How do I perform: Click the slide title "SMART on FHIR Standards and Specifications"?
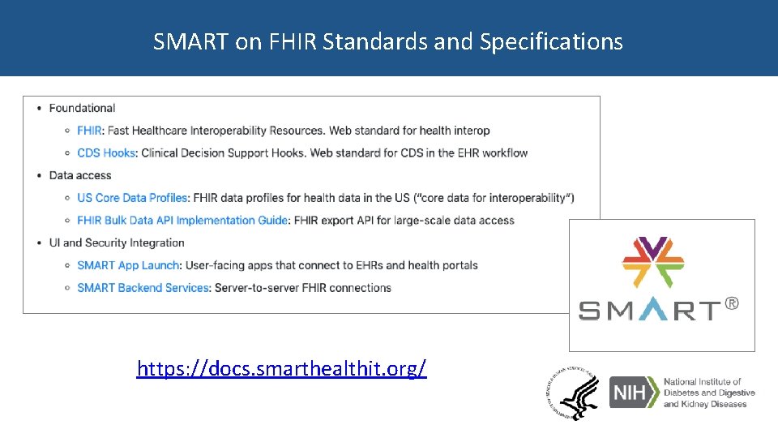[388, 41]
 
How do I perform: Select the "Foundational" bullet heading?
[82, 108]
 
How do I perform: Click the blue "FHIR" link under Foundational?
[89, 131]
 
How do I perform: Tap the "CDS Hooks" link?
[107, 152]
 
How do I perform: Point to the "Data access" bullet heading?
[80, 175]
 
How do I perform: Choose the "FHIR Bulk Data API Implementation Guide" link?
[182, 220]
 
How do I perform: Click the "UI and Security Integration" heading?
[117, 243]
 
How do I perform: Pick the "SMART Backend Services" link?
[143, 288]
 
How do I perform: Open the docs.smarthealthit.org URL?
[281, 369]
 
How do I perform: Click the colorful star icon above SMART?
[653, 263]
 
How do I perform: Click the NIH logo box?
[632, 393]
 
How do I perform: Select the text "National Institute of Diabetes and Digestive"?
[709, 387]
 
